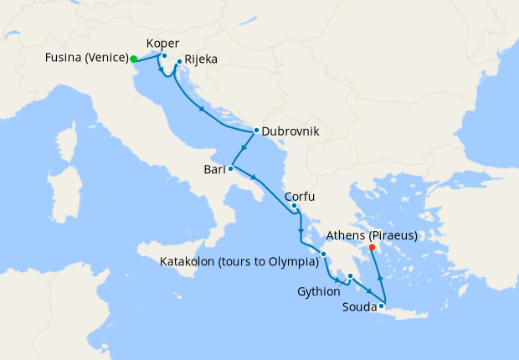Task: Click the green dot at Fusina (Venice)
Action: tap(134, 59)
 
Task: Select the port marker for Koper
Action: tap(165, 57)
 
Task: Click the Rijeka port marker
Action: tap(180, 61)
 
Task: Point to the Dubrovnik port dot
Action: tap(256, 131)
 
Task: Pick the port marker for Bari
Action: tap(230, 169)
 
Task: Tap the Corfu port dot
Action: tap(295, 205)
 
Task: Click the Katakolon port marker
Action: tap(323, 254)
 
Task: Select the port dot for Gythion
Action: tap(351, 277)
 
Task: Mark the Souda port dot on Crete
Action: tap(381, 306)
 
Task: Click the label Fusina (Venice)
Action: tap(85, 59)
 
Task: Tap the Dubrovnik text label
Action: tap(290, 131)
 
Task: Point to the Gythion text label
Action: tap(319, 291)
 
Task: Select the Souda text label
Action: tap(358, 307)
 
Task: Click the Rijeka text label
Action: tap(203, 61)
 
